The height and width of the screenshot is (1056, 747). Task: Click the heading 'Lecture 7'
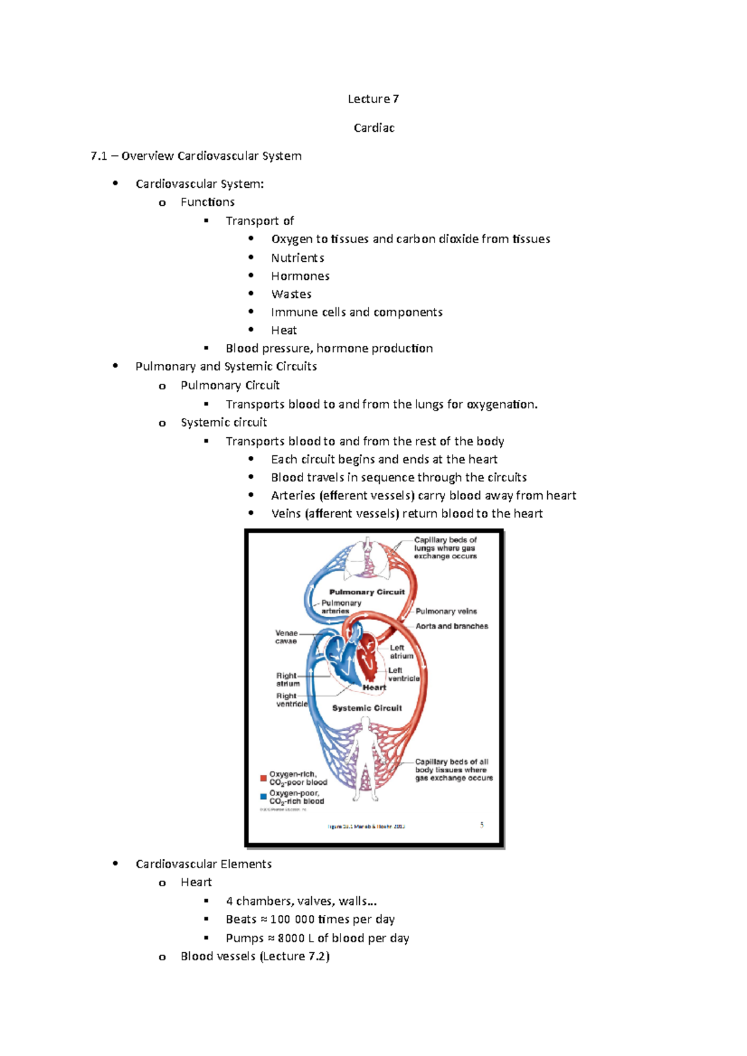click(373, 99)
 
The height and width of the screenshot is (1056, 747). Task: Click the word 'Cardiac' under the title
click(374, 127)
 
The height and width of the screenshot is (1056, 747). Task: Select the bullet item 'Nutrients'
click(297, 257)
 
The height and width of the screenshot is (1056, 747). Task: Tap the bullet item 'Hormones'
click(300, 276)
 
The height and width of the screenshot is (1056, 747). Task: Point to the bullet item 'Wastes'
click(291, 294)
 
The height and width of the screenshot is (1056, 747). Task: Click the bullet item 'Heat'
click(283, 330)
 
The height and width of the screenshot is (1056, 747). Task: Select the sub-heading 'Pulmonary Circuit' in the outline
click(230, 385)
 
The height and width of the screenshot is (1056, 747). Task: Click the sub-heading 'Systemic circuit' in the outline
click(223, 422)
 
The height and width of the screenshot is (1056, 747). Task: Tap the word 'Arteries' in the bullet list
click(293, 496)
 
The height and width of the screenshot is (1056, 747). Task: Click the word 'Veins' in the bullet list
click(286, 514)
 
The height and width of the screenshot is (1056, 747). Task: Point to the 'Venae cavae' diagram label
click(286, 637)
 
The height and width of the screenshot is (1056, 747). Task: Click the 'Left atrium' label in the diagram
click(401, 652)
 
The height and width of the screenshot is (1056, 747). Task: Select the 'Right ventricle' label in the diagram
click(291, 700)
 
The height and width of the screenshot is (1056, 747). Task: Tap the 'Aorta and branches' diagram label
click(451, 626)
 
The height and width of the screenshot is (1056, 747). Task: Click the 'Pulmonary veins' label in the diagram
click(446, 611)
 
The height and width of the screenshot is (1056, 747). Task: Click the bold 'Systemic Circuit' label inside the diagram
click(367, 708)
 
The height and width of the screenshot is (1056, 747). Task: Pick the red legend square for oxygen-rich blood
click(263, 778)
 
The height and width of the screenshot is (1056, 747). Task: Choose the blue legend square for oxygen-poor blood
click(263, 797)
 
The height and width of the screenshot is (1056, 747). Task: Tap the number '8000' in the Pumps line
click(291, 938)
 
